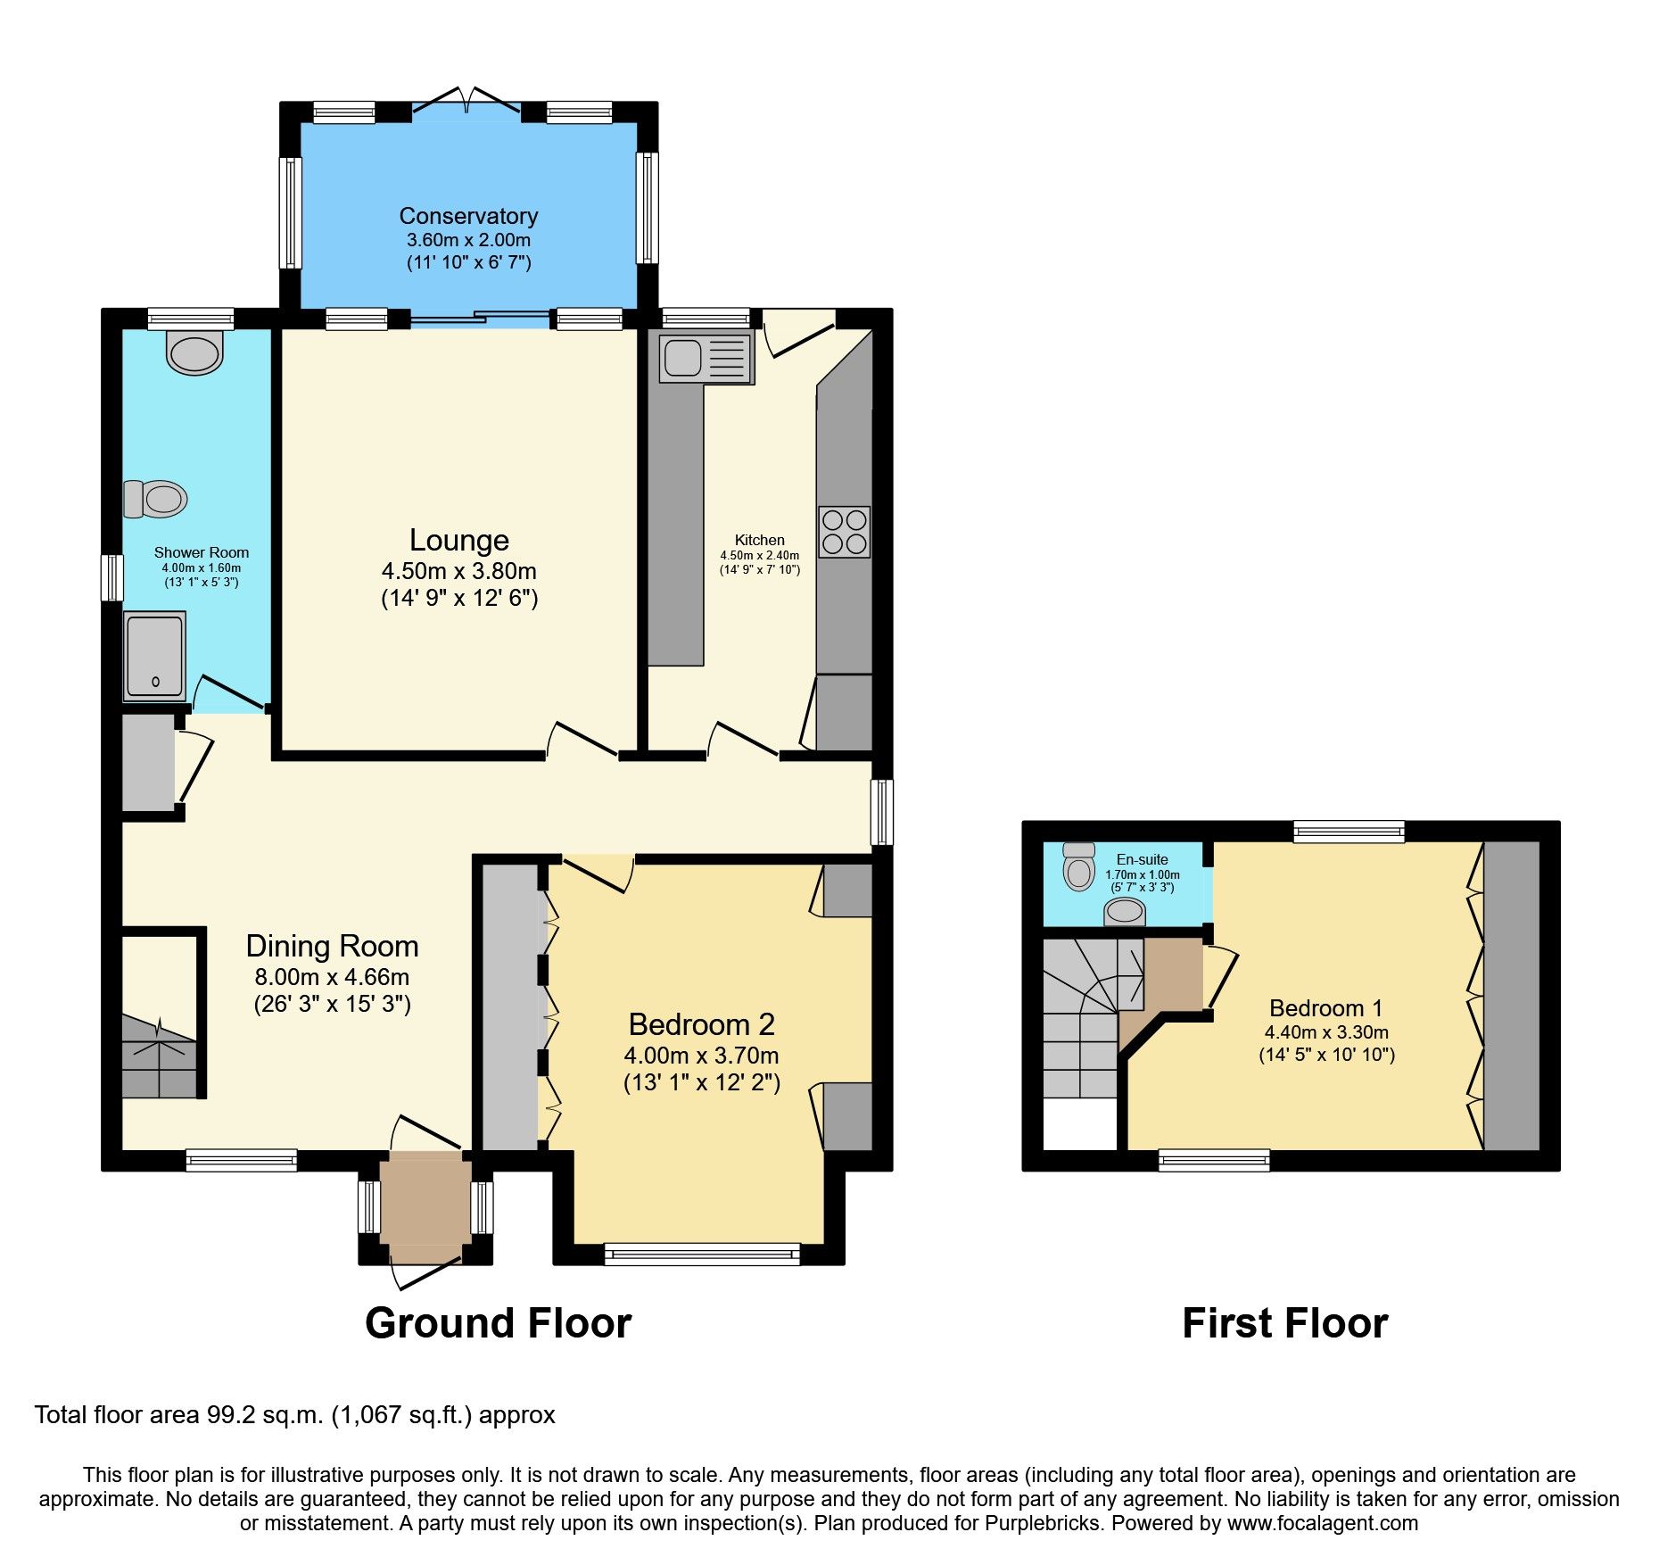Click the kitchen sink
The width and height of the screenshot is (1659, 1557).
[x=706, y=358]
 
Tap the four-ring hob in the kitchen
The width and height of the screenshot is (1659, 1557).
[x=844, y=533]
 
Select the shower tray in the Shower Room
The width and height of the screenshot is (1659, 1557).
[x=155, y=656]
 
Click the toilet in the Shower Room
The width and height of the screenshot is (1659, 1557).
[x=156, y=499]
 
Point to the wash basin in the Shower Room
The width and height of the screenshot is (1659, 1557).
[x=194, y=354]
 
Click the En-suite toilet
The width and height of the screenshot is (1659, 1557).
[x=1079, y=867]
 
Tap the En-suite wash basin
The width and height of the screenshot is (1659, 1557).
[x=1125, y=912]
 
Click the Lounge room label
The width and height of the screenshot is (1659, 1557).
[x=458, y=540]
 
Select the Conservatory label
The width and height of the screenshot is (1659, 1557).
[x=468, y=216]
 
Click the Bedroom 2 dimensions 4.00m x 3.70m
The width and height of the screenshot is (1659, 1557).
[x=701, y=1056]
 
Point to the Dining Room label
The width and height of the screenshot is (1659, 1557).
[x=332, y=946]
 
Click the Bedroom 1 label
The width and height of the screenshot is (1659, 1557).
[x=1325, y=1008]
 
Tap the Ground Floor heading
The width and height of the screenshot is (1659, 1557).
[x=498, y=1323]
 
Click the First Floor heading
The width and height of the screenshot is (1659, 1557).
[x=1284, y=1323]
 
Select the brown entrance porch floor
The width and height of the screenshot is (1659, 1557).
[x=425, y=1202]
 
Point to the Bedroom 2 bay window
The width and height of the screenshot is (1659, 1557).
[x=702, y=1255]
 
